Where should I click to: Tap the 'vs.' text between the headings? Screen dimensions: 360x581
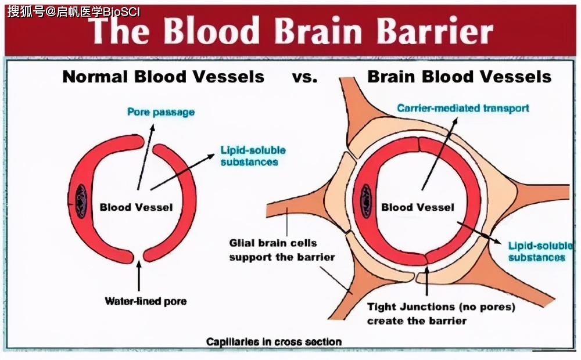pos(305,77)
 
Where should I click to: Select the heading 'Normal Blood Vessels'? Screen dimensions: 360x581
pos(163,77)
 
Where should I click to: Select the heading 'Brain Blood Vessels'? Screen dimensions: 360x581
pos(459,77)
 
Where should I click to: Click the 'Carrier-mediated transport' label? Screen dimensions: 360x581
pos(463,109)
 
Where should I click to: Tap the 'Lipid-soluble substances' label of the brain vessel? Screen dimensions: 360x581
pos(537,251)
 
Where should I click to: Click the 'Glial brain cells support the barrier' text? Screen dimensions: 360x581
pos(282,250)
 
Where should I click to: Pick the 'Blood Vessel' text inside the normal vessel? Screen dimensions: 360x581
pos(136,207)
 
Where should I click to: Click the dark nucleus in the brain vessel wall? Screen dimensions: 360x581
pos(367,200)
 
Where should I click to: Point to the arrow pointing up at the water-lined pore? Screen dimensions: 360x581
pos(138,277)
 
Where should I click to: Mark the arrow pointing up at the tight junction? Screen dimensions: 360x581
pos(427,281)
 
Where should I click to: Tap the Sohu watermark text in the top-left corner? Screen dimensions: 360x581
pos(74,12)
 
